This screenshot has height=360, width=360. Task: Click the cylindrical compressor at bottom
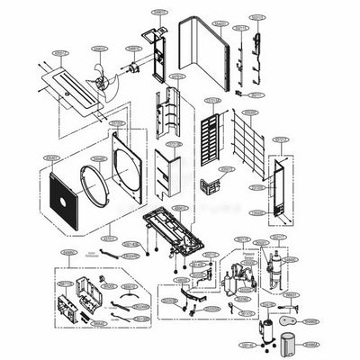pos(267,334)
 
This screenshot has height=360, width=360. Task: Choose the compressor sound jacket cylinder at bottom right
pos(290,344)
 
